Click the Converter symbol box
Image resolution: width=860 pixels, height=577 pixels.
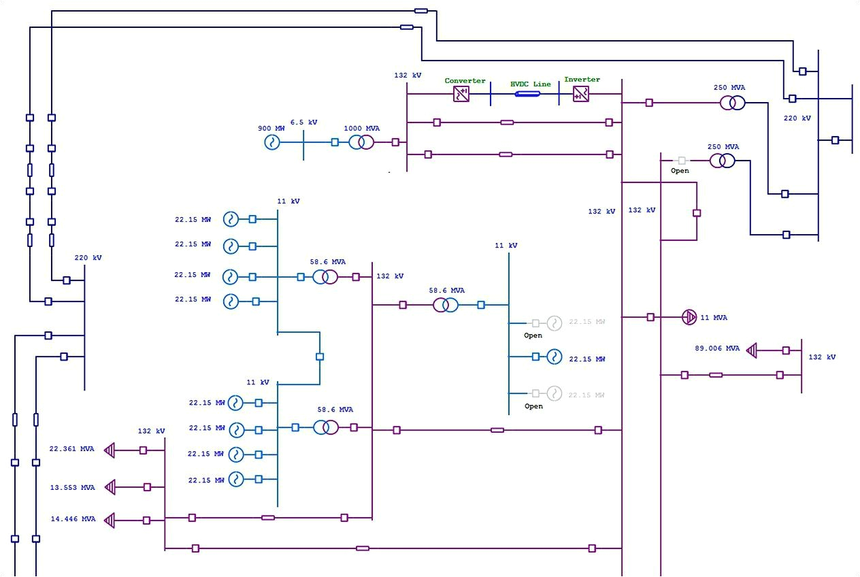click(462, 94)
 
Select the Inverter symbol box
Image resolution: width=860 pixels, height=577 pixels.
click(581, 94)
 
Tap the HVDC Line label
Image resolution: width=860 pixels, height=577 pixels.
click(531, 84)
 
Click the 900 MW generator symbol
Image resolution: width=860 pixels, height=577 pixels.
click(272, 142)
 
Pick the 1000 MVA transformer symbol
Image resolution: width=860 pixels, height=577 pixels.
click(361, 142)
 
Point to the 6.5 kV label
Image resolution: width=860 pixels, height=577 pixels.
click(303, 122)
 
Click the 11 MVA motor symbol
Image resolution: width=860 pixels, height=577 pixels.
click(689, 317)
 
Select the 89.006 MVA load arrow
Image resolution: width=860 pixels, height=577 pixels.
click(752, 350)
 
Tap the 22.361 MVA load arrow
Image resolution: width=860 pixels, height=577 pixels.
click(110, 450)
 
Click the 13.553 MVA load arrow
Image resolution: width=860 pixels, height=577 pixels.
click(110, 487)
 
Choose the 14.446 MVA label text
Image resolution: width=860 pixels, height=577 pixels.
click(73, 518)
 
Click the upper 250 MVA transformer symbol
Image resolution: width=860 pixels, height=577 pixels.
click(733, 103)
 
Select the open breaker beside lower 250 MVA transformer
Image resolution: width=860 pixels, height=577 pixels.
click(680, 161)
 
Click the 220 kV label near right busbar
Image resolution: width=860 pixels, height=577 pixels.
click(797, 118)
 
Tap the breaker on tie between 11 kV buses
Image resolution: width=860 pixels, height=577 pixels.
click(320, 357)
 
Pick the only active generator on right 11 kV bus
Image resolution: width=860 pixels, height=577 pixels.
click(554, 357)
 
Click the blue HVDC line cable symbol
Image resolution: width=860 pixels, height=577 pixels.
click(527, 94)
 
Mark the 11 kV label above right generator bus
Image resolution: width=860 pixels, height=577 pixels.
click(506, 246)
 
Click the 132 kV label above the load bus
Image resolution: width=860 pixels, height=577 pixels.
click(151, 431)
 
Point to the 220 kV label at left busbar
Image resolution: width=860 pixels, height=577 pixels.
click(88, 258)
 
